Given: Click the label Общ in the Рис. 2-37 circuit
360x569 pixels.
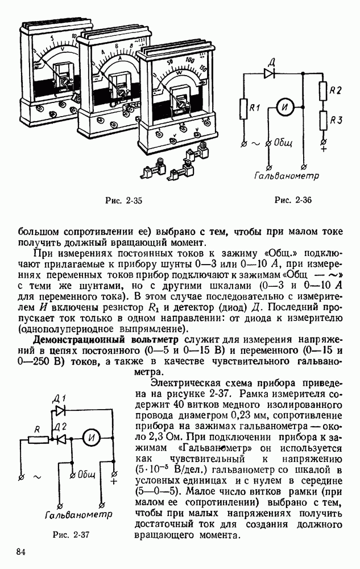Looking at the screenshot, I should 86,475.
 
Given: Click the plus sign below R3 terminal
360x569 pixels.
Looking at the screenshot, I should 324,150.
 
